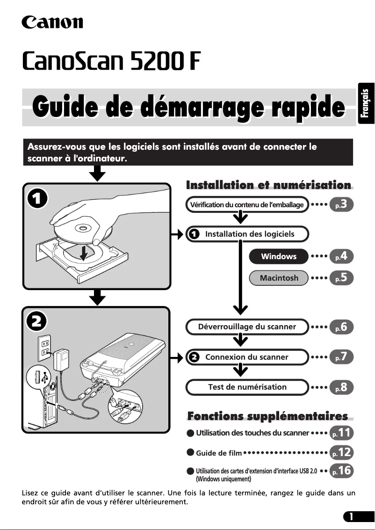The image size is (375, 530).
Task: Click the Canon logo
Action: (x=52, y=22)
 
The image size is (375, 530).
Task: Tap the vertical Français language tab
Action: (x=367, y=104)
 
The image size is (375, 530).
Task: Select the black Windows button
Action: (x=279, y=256)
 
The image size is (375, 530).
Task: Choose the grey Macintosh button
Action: (x=279, y=278)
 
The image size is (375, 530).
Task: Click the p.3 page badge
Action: (x=341, y=204)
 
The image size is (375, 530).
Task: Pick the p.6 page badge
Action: (x=341, y=327)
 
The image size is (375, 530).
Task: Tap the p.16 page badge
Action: (x=341, y=471)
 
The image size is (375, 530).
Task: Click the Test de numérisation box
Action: (x=247, y=387)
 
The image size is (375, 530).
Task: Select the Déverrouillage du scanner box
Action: (x=247, y=327)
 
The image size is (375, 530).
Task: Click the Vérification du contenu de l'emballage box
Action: (x=247, y=205)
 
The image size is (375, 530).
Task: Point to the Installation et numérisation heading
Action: (x=268, y=186)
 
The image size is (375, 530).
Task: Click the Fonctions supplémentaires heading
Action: (x=267, y=416)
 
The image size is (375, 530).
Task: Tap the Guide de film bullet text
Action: (x=219, y=453)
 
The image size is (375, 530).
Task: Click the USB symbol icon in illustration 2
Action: (x=41, y=377)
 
